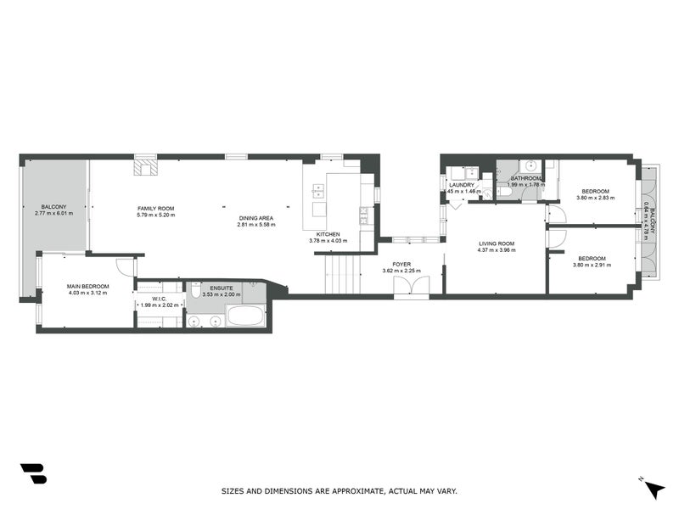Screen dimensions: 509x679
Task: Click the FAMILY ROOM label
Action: (155, 208)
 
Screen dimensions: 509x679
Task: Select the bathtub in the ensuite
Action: (246, 319)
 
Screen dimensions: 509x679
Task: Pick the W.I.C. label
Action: (158, 299)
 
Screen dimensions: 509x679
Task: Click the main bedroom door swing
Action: (126, 266)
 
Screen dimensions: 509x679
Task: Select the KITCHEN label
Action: (328, 233)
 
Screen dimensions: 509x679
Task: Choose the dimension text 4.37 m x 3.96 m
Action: (497, 250)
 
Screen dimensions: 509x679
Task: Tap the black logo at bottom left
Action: (33, 473)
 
